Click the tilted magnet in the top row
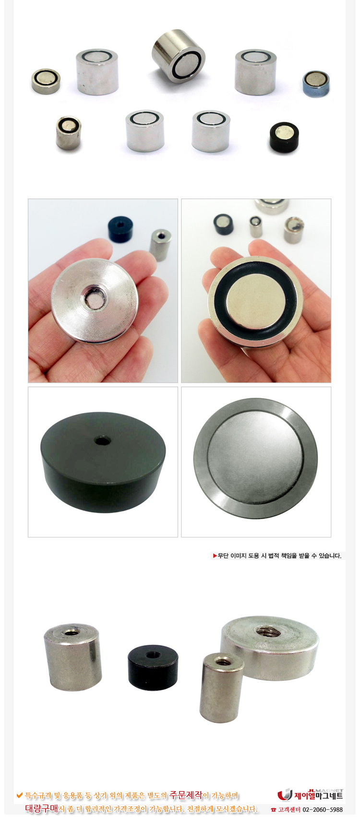tap(178, 56)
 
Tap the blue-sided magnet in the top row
tap(316, 84)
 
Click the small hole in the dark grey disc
tap(102, 441)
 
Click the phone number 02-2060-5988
tap(323, 809)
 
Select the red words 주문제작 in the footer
tap(185, 794)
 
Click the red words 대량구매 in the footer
tap(41, 808)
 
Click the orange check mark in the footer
tap(20, 794)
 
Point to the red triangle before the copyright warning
tap(215, 556)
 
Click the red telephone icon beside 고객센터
tap(273, 810)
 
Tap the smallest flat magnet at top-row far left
tap(46, 82)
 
